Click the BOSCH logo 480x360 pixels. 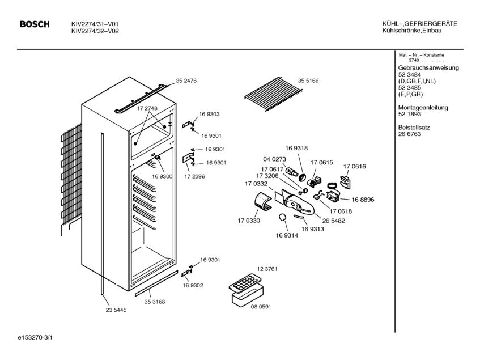point(35,24)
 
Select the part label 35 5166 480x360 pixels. point(308,81)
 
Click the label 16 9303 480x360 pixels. point(209,115)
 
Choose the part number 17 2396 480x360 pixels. point(194,177)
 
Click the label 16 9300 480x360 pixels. point(162,177)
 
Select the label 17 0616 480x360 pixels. point(354,166)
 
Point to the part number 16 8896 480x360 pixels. point(363,200)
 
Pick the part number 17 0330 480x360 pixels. point(249,221)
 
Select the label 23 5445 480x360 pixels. point(116,310)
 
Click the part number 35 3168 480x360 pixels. point(154,302)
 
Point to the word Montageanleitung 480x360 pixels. point(423,107)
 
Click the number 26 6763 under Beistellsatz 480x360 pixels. point(410,134)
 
